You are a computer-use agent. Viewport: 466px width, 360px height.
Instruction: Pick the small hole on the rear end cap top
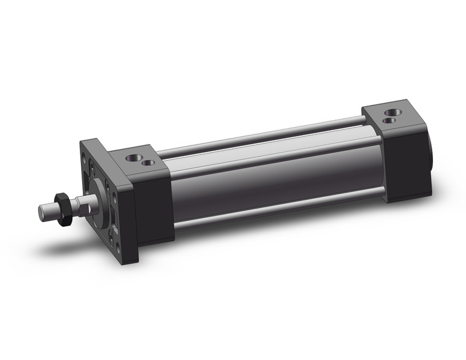pos(388,121)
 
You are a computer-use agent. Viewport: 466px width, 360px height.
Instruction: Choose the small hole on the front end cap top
pos(147,163)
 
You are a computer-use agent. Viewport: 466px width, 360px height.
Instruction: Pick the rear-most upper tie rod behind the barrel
pos(258,137)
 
